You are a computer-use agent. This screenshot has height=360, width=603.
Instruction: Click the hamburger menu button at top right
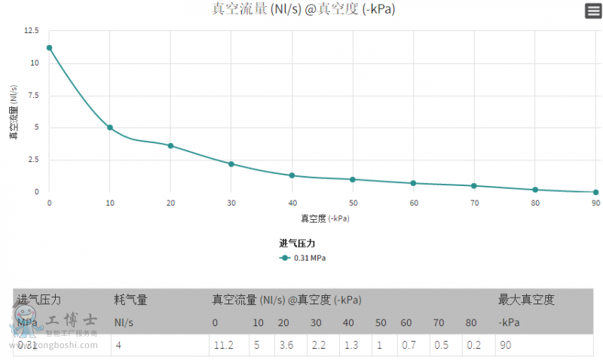[x=593, y=11]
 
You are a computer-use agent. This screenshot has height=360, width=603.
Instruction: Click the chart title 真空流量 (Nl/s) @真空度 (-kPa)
[x=303, y=9]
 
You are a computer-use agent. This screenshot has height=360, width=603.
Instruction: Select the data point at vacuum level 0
[x=49, y=47]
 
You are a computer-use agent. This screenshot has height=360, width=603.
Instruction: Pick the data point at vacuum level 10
[x=110, y=127]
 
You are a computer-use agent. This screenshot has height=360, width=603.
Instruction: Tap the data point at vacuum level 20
[x=170, y=145]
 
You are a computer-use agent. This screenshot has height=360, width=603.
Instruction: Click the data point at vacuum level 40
[x=292, y=175]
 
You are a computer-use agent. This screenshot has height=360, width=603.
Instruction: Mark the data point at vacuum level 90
[x=595, y=192]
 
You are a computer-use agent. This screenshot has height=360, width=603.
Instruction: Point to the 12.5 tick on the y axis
[x=32, y=31]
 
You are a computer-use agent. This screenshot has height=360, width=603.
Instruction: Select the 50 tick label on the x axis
[x=353, y=203]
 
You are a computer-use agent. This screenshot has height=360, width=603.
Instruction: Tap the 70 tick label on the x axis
[x=474, y=203]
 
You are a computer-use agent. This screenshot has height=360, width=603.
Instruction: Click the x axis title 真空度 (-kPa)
[x=325, y=218]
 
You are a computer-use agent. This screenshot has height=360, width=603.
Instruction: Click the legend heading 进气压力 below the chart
[x=297, y=243]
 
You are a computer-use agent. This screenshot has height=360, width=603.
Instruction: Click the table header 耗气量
[x=130, y=300]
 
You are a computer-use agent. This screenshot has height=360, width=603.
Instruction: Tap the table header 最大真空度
[x=526, y=300]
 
